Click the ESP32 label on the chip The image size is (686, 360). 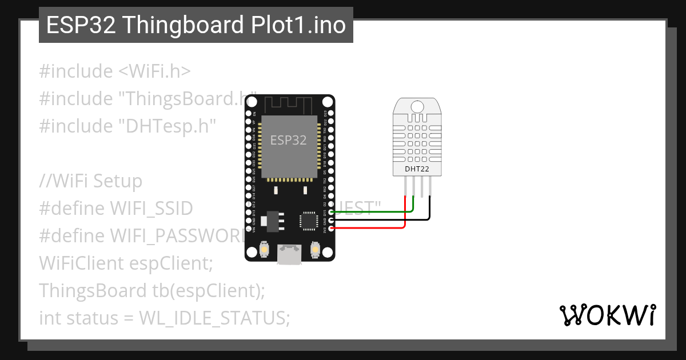[x=288, y=141]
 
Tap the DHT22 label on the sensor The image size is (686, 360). [x=417, y=170]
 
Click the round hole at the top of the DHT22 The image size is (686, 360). [x=417, y=106]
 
